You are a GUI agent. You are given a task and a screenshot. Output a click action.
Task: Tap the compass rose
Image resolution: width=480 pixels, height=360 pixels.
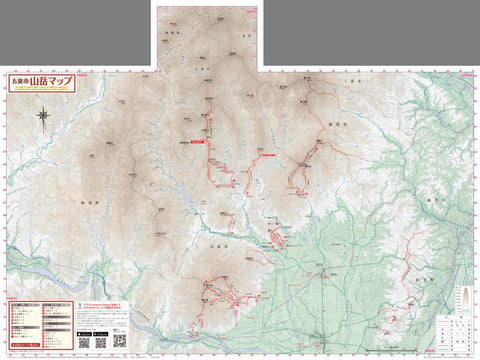pyautogui.click(x=43, y=118)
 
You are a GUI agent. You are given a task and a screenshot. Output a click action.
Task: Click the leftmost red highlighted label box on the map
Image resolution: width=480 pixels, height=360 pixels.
pyautogui.click(x=196, y=142)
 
